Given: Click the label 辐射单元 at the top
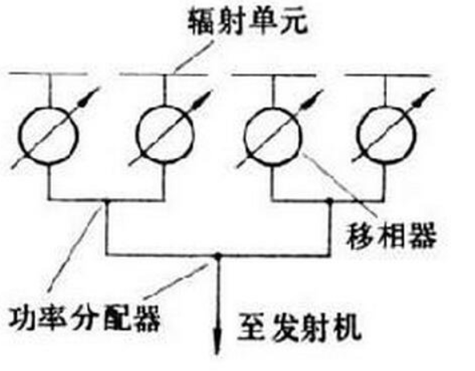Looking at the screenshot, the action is coord(248,22).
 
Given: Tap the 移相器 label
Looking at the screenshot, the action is coord(392,236).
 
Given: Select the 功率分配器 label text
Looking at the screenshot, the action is coord(84,318).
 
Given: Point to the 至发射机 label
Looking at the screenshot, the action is coord(299,329).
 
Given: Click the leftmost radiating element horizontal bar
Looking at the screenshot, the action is coord(48,74).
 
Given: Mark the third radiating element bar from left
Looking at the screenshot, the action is coord(274,75).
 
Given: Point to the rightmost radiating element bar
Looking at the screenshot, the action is coord(388,75).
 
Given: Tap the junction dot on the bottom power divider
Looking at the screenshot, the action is coord(217,256).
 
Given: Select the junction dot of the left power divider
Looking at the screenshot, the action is coord(106,200).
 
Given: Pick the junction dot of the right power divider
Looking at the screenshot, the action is coord(331,200).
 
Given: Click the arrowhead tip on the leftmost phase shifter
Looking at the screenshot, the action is coord(98,88).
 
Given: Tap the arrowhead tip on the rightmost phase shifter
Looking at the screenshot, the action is coord(435,89).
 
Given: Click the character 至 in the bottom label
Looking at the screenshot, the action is coord(251,329).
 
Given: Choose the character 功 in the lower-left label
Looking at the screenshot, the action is coord(22,318).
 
